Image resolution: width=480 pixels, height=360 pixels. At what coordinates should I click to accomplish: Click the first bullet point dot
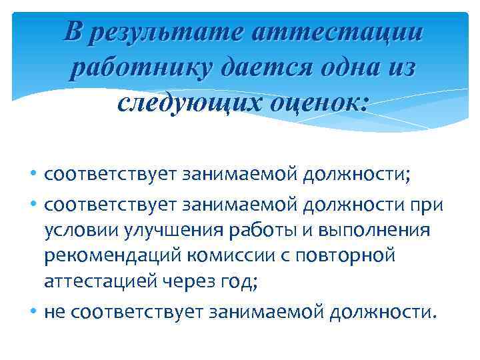pos(34,175)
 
